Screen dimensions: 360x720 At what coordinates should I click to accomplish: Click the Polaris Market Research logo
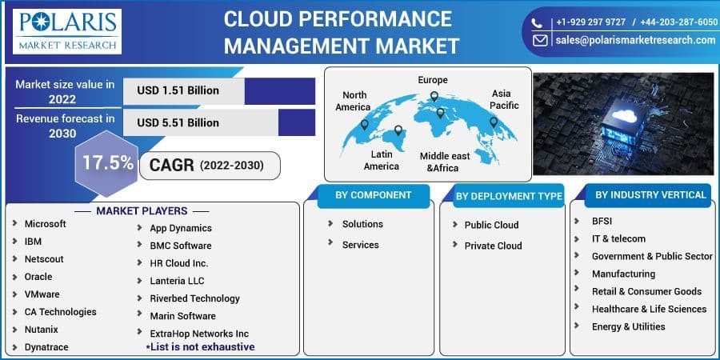[x=67, y=31]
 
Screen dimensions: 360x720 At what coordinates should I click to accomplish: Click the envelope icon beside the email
[x=541, y=39]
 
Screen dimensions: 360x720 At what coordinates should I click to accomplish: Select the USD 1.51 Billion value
[x=178, y=90]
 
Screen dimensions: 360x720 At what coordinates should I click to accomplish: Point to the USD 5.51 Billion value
[x=178, y=122]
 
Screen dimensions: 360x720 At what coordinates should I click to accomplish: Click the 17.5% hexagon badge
[x=107, y=163]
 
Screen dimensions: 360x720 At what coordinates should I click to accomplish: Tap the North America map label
[x=353, y=101]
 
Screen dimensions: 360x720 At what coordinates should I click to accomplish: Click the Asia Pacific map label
[x=505, y=99]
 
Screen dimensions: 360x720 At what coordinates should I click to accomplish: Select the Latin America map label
[x=381, y=160]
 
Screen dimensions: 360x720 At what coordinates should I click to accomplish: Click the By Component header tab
[x=373, y=195]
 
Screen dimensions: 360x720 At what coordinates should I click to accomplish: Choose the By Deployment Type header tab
[x=509, y=196]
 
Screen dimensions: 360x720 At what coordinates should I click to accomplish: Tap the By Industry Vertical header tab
[x=650, y=194]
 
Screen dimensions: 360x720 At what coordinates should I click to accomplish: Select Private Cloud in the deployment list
[x=493, y=246]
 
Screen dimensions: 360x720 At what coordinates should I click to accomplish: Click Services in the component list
[x=360, y=245]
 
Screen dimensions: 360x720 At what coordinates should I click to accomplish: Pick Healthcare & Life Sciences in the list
[x=649, y=309]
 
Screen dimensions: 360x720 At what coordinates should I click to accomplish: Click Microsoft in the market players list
[x=45, y=224]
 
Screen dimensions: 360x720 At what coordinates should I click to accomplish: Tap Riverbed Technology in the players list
[x=194, y=298]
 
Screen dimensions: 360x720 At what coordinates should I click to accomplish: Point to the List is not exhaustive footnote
[x=200, y=347]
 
